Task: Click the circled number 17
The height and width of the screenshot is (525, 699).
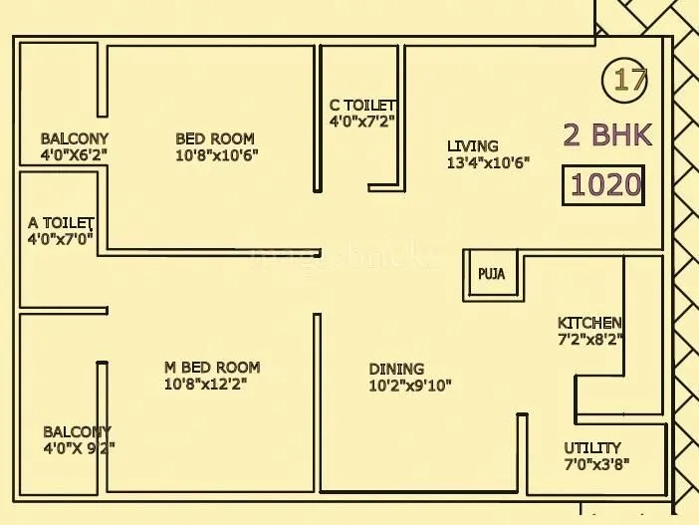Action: pyautogui.click(x=629, y=79)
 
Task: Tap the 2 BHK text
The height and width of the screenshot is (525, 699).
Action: pyautogui.click(x=607, y=134)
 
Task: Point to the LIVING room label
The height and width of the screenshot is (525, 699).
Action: pyautogui.click(x=472, y=146)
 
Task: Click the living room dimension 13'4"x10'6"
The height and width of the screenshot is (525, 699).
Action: pyautogui.click(x=488, y=162)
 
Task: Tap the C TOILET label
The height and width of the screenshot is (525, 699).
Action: pyautogui.click(x=362, y=106)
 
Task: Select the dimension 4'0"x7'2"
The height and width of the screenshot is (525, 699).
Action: pyautogui.click(x=362, y=122)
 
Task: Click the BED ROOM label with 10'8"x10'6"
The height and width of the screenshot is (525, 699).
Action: pyautogui.click(x=215, y=138)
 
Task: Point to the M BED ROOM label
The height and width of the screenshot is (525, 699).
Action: pyautogui.click(x=212, y=368)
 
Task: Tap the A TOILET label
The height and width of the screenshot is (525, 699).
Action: pyautogui.click(x=61, y=222)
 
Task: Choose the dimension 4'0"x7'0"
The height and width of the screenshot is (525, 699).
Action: pyautogui.click(x=61, y=238)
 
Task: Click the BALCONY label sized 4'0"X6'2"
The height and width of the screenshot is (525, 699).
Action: pyautogui.click(x=75, y=138)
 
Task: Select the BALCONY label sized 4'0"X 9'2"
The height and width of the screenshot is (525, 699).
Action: pyautogui.click(x=77, y=431)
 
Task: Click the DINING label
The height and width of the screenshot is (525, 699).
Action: pyautogui.click(x=396, y=369)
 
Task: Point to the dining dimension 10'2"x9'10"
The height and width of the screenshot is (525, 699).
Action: pyautogui.click(x=410, y=385)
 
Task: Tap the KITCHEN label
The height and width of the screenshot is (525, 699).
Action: pyautogui.click(x=589, y=323)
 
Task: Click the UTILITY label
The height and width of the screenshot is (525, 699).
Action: pyautogui.click(x=592, y=448)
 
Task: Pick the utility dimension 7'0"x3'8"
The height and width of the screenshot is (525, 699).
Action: pyautogui.click(x=596, y=464)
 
